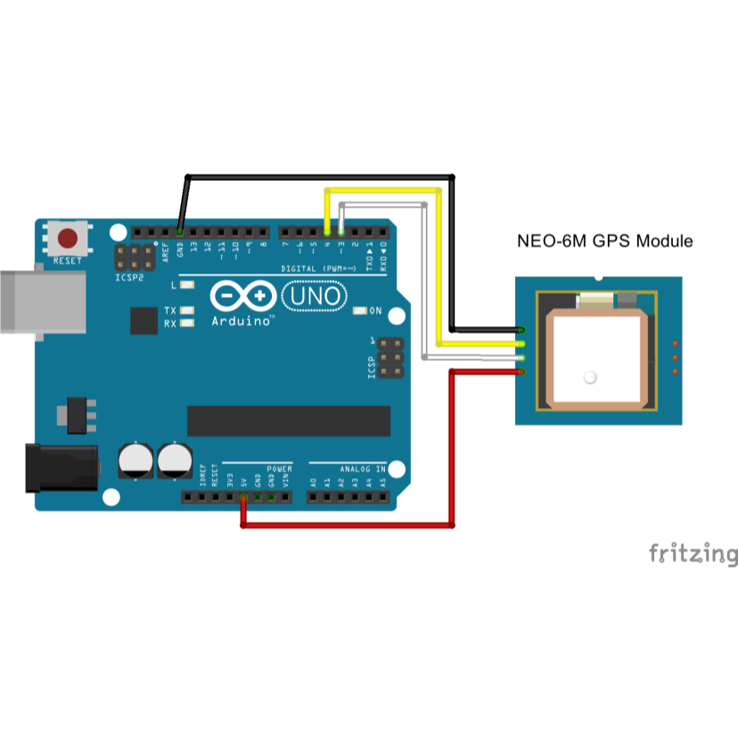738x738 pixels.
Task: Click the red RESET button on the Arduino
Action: tap(68, 239)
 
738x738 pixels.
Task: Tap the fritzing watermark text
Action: tap(693, 553)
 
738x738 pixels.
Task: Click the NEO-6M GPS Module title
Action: tap(605, 241)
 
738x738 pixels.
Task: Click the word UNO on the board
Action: tap(311, 295)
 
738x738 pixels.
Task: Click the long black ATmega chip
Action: tap(288, 421)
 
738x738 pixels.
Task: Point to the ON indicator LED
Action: tap(360, 311)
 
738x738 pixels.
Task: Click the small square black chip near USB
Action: tap(143, 320)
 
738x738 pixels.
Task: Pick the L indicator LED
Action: tap(187, 285)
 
